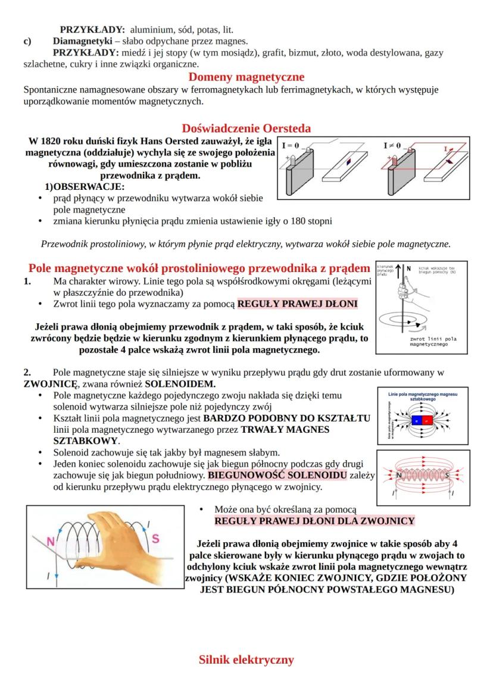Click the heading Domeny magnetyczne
[246, 77]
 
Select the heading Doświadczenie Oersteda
[246, 128]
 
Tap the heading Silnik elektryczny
[246, 660]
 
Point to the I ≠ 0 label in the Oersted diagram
[393, 145]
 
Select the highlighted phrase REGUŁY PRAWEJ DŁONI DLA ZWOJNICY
[314, 521]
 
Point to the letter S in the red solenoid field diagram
[448, 476]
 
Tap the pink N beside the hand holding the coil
[50, 542]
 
